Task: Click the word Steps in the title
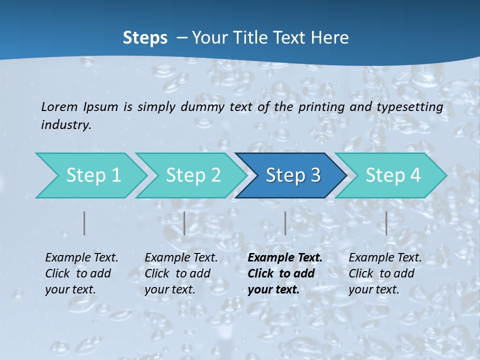pyautogui.click(x=145, y=38)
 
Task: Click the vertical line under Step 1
pyautogui.click(x=84, y=223)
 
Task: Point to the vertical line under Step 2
pyautogui.click(x=184, y=223)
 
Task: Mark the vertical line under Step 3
pyautogui.click(x=285, y=223)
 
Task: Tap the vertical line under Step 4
pyautogui.click(x=386, y=223)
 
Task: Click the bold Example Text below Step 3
pyautogui.click(x=285, y=273)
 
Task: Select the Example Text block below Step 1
pyautogui.click(x=81, y=273)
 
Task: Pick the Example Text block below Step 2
pyautogui.click(x=181, y=273)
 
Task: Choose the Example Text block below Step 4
pyautogui.click(x=385, y=273)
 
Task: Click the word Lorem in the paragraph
pyautogui.click(x=59, y=107)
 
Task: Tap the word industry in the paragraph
pyautogui.click(x=66, y=125)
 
